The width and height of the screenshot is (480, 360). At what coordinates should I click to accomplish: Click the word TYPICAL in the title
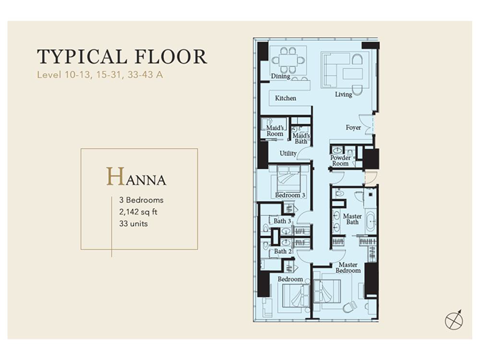pyautogui.click(x=82, y=56)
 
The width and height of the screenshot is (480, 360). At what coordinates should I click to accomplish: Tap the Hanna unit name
pyautogui.click(x=136, y=177)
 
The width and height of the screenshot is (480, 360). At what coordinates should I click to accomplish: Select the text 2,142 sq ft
pyautogui.click(x=138, y=212)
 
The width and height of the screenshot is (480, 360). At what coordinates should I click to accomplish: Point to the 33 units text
pyautogui.click(x=133, y=223)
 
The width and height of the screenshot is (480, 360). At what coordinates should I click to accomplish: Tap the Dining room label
pyautogui.click(x=280, y=76)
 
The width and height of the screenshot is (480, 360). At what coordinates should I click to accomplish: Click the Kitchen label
pyautogui.click(x=286, y=98)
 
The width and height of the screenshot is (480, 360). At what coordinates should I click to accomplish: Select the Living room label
pyautogui.click(x=343, y=94)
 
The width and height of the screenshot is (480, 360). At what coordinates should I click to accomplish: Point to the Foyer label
pyautogui.click(x=353, y=127)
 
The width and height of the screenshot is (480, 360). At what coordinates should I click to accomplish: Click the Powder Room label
pyautogui.click(x=340, y=161)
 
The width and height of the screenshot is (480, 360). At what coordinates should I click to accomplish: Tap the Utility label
pyautogui.click(x=288, y=154)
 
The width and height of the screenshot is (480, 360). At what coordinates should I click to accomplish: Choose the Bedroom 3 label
pyautogui.click(x=290, y=195)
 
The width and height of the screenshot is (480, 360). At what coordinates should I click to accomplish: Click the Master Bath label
pyautogui.click(x=352, y=219)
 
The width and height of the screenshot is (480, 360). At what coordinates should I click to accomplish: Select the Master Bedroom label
pyautogui.click(x=348, y=268)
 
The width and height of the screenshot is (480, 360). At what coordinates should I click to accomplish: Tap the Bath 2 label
pyautogui.click(x=282, y=251)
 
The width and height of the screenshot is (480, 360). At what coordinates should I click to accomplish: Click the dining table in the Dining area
pyautogui.click(x=288, y=60)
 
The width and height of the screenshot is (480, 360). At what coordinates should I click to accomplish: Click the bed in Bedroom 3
pyautogui.click(x=289, y=179)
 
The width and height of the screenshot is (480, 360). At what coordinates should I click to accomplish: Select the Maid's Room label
pyautogui.click(x=275, y=131)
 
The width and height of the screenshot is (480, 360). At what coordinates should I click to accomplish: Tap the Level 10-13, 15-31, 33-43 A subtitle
pyautogui.click(x=100, y=74)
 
